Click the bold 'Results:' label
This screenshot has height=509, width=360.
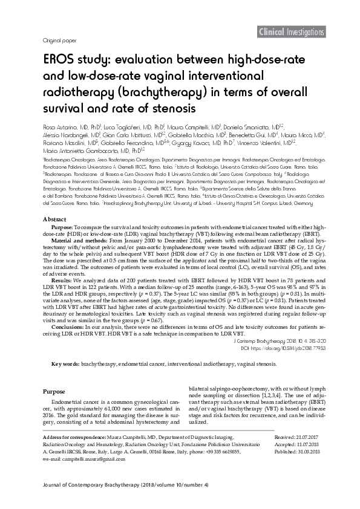click(x=61, y=264)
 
